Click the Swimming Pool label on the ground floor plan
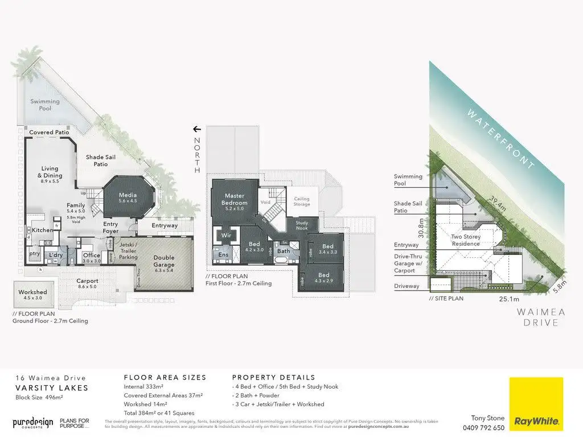[x=45, y=105]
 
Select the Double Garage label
[x=164, y=262]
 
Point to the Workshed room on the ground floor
[x=32, y=294]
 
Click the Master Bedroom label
[x=235, y=199]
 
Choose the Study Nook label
[x=302, y=225]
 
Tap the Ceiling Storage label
[x=302, y=201]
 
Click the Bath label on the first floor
[x=284, y=251]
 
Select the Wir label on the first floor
[x=226, y=234]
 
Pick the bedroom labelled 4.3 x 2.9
[x=323, y=278]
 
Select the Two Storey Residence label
[x=465, y=240]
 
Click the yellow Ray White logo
[x=536, y=403]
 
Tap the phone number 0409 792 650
[x=483, y=428]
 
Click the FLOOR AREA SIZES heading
[x=165, y=377]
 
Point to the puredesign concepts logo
[x=33, y=423]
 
